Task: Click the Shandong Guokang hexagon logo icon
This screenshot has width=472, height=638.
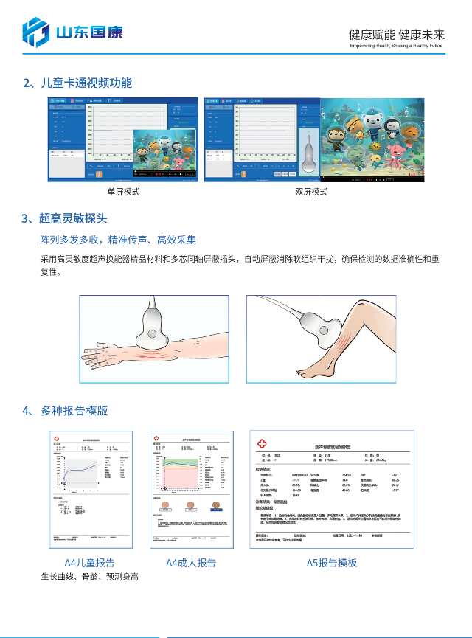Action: click(x=34, y=32)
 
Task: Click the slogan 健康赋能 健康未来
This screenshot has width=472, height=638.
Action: click(x=398, y=34)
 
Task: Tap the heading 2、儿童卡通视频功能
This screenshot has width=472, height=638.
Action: click(x=77, y=83)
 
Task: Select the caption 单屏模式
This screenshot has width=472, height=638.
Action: click(x=123, y=192)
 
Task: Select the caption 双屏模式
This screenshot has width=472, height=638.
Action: click(x=311, y=192)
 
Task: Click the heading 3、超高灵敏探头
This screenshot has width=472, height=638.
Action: click(x=65, y=218)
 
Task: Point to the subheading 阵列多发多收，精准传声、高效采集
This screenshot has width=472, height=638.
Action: click(x=118, y=240)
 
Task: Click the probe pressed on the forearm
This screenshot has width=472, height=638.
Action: click(x=156, y=321)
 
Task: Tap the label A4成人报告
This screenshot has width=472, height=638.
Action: click(x=191, y=563)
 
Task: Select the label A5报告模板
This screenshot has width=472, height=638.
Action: click(x=332, y=563)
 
